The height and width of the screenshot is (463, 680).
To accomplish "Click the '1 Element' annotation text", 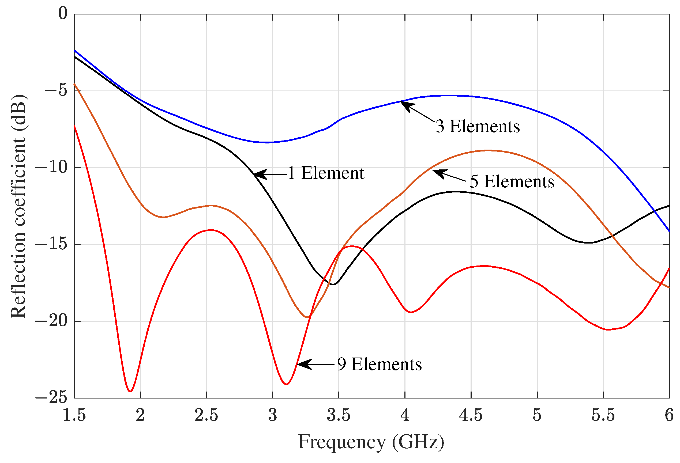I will point(326,173).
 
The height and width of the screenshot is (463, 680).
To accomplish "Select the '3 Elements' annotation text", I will point(478,126).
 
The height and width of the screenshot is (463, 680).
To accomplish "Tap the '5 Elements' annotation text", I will point(512,181).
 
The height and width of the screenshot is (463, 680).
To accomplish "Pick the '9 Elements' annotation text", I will point(379,364).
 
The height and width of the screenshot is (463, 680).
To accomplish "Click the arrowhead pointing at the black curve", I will point(259,174).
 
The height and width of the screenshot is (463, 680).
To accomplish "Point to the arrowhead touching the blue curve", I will point(406,105).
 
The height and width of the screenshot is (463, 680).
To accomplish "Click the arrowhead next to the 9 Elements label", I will point(303,364).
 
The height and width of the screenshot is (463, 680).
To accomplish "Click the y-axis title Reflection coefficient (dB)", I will point(18,206).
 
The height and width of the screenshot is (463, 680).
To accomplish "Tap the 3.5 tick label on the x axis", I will point(339,415).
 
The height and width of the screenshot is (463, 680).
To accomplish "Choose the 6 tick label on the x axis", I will point(669,415).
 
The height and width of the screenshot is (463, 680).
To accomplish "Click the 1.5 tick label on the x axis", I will point(74,415).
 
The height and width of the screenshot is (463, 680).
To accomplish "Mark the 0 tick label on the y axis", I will point(63,13).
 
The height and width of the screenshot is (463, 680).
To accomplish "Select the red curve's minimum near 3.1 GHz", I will point(287,384).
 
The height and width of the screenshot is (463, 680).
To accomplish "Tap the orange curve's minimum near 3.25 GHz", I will point(307,317).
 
